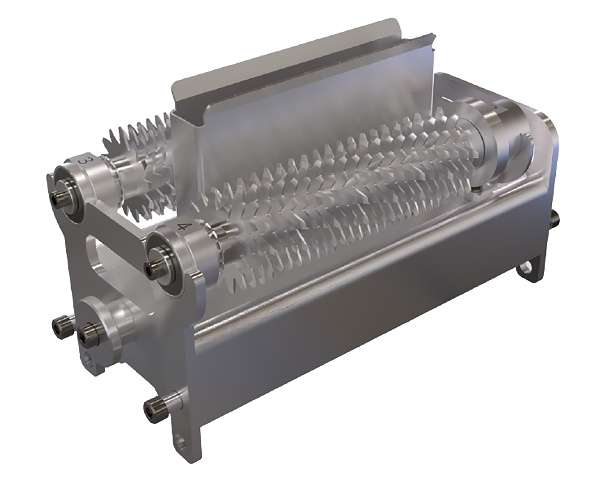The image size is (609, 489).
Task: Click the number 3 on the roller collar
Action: tap(85, 163)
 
